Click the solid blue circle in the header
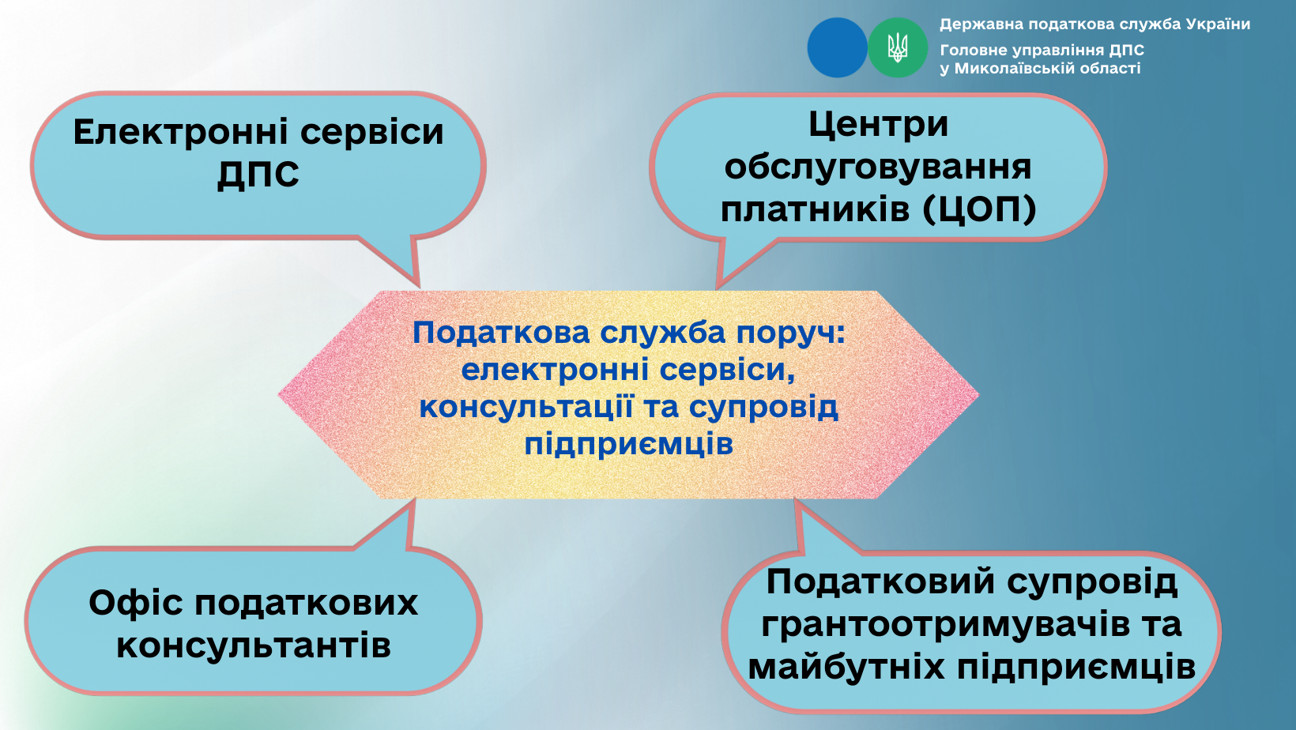coord(837,47)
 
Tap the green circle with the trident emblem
coord(898,47)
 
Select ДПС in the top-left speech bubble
coord(258,174)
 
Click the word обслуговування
coord(878,167)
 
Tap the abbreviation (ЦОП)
coord(979,209)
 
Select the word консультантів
coord(254,645)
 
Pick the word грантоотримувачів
coord(945,625)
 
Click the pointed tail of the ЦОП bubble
coord(718,285)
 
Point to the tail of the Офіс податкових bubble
coord(413,502)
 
